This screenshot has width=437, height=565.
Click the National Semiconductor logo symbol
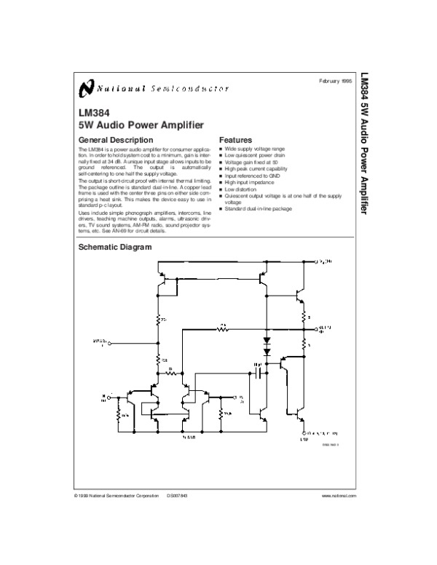click(x=85, y=89)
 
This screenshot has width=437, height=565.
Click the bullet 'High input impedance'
click(x=250, y=182)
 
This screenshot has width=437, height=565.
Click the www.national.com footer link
click(x=338, y=495)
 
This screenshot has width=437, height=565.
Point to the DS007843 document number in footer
click(x=177, y=495)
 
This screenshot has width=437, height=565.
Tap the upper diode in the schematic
click(x=267, y=340)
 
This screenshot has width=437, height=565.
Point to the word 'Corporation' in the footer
click(x=144, y=495)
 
